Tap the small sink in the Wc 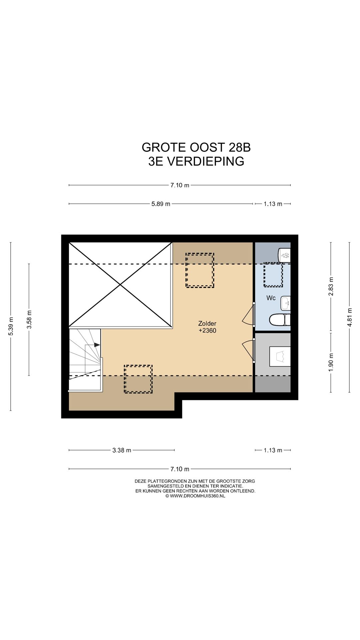286,303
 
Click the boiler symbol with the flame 285,256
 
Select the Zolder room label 207,323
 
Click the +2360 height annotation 207,331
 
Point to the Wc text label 271,298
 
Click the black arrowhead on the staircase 97,345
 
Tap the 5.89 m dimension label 161,204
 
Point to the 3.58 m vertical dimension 29,319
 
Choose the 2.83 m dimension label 331,286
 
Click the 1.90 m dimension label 331,362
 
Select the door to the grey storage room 248,349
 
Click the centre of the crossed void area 120,284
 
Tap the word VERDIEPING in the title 205,161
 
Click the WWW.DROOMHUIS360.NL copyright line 195,496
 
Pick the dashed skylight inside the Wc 273,274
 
